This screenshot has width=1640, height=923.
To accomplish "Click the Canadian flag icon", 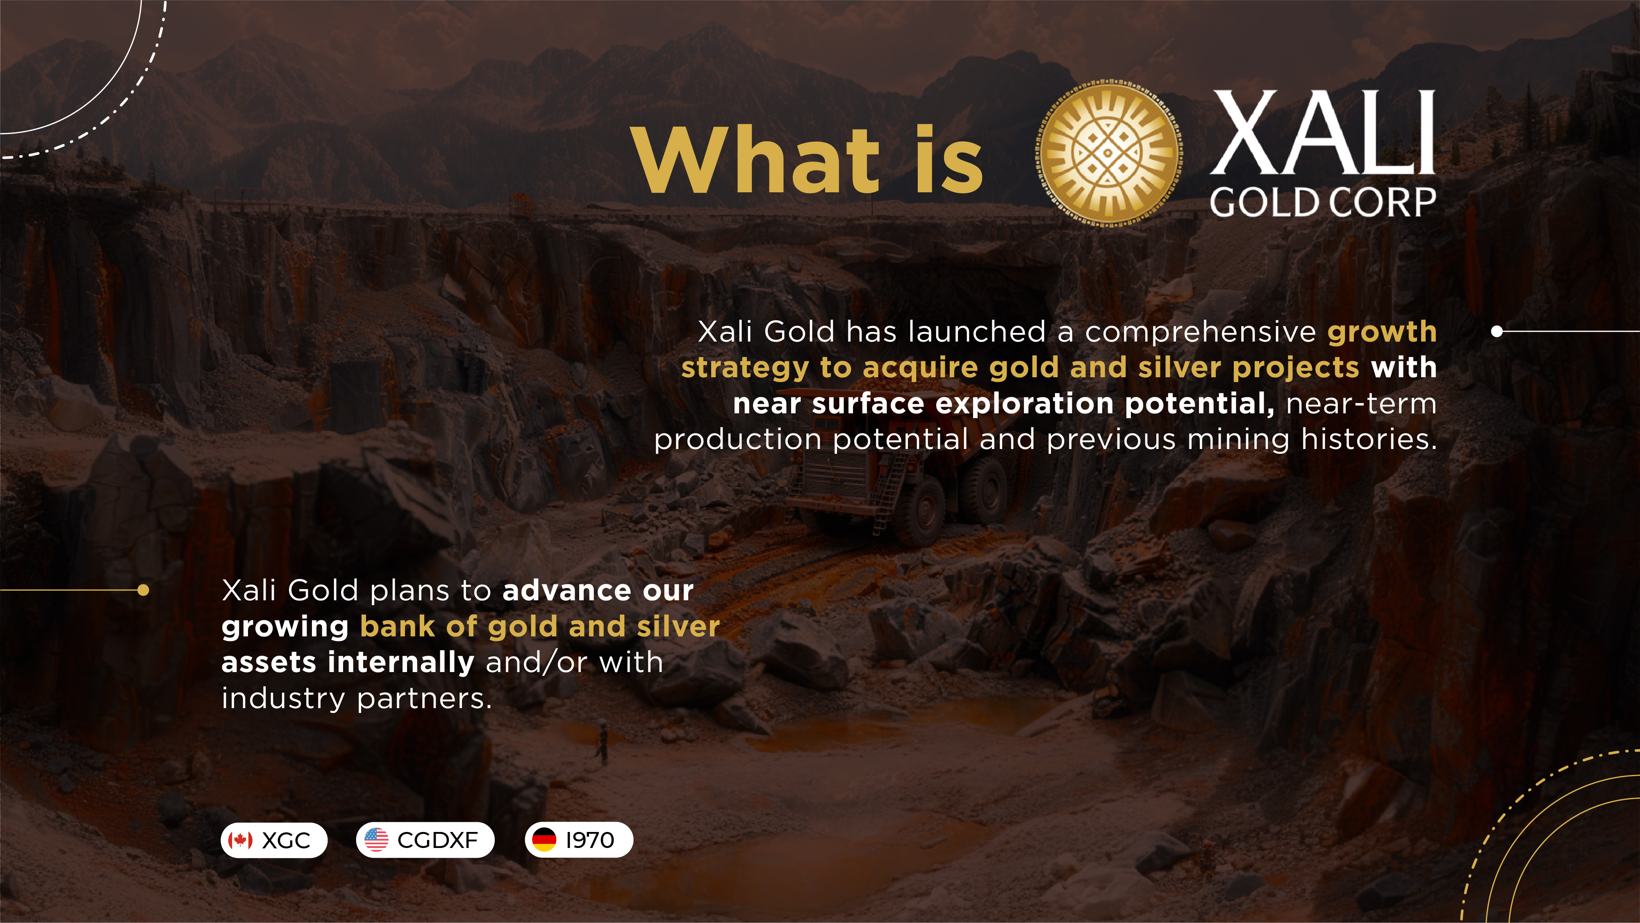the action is tap(241, 840).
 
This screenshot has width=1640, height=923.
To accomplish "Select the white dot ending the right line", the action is tap(1497, 331).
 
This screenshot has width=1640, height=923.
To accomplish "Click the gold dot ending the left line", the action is tap(143, 590).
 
